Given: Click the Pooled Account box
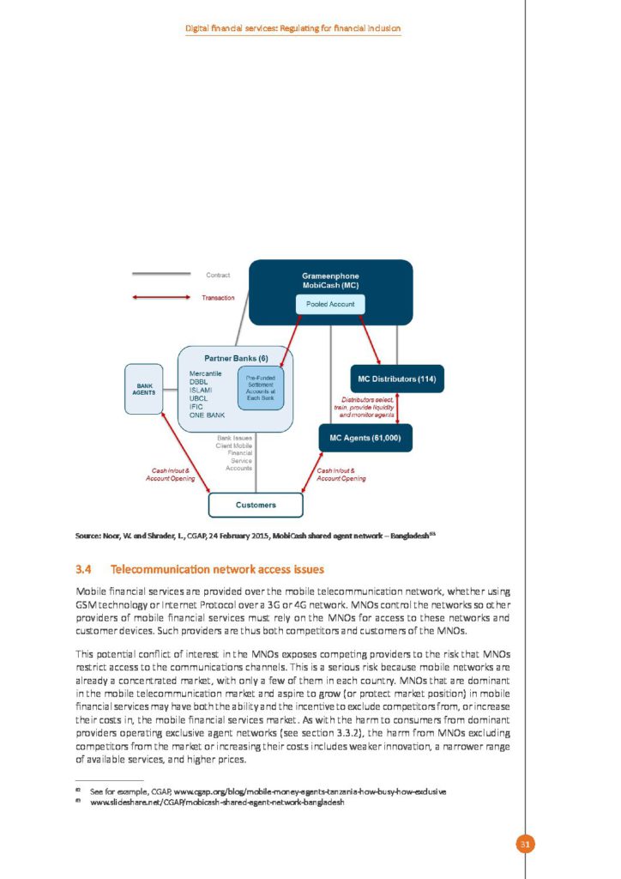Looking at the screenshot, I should (x=330, y=304).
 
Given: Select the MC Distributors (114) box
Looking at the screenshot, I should (x=396, y=379).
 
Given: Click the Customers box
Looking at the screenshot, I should (x=256, y=505).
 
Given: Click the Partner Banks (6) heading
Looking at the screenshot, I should (x=235, y=357).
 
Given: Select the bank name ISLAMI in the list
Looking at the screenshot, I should (x=201, y=390).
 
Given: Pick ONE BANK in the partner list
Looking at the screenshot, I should (x=207, y=415).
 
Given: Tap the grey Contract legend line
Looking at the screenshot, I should (x=160, y=275).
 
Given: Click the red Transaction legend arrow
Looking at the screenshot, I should (x=160, y=298).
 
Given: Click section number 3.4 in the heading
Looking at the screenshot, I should (x=83, y=569).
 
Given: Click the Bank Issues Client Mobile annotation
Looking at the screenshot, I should (x=234, y=452).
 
